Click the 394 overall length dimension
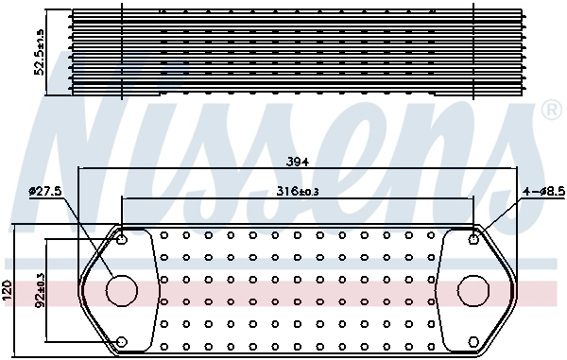pyautogui.click(x=299, y=161)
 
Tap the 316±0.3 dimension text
pyautogui.click(x=299, y=191)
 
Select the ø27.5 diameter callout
pyautogui.click(x=45, y=191)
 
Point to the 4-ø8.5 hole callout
pyautogui.click(x=541, y=191)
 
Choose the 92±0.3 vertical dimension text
pyautogui.click(x=41, y=290)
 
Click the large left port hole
pyautogui.click(x=121, y=290)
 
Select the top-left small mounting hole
pyautogui.click(x=121, y=238)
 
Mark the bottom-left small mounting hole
pyautogui.click(x=121, y=341)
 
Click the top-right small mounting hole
pyautogui.click(x=473, y=238)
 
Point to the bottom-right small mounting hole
pyautogui.click(x=473, y=341)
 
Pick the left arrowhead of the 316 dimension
pyautogui.click(x=124, y=199)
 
